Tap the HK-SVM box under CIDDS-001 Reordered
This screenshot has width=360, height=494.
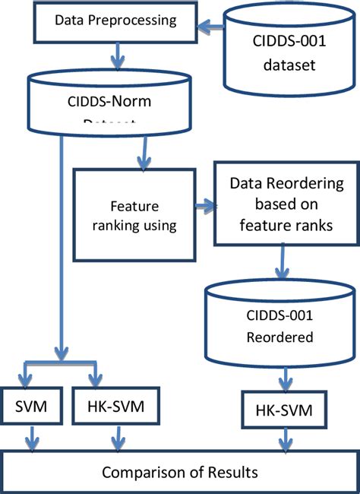click(282, 411)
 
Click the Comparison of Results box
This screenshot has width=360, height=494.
click(180, 472)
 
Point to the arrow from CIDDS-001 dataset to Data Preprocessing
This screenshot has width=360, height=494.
click(212, 27)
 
